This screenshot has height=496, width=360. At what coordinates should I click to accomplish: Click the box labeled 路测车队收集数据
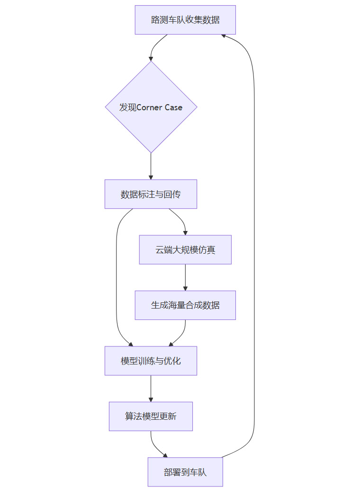coord(185,20)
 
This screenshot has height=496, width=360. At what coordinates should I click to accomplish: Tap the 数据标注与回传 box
coord(151,194)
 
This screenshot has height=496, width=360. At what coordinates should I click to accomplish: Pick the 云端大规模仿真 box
coord(185,249)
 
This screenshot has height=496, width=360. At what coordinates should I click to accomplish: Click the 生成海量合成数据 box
coord(185,305)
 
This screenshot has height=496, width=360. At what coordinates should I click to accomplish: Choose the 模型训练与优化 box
coord(151,361)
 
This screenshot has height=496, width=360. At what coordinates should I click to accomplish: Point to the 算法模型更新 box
coord(151,416)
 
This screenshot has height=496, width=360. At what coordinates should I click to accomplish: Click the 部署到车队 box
coord(185,472)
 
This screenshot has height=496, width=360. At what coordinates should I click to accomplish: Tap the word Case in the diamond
coord(173,107)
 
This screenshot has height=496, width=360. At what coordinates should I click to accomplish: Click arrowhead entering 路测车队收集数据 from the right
coord(225,35)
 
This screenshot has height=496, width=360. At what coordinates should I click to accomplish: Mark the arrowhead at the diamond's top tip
coord(151,58)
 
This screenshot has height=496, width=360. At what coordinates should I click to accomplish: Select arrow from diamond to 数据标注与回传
coord(151,166)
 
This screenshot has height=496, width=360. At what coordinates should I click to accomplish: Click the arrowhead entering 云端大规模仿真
coord(185,232)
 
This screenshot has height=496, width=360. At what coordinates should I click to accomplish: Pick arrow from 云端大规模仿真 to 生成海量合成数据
coord(185,277)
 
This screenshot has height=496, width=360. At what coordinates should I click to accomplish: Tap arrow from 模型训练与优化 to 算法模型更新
coord(151,388)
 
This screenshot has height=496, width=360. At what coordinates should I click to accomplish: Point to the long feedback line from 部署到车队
coord(254,237)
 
